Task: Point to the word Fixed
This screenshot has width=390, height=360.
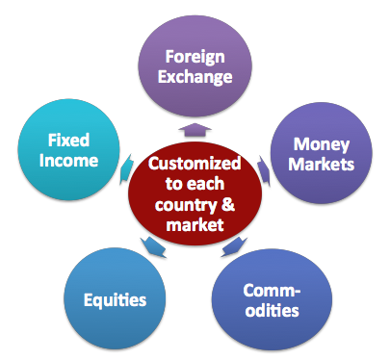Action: click(70, 141)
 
